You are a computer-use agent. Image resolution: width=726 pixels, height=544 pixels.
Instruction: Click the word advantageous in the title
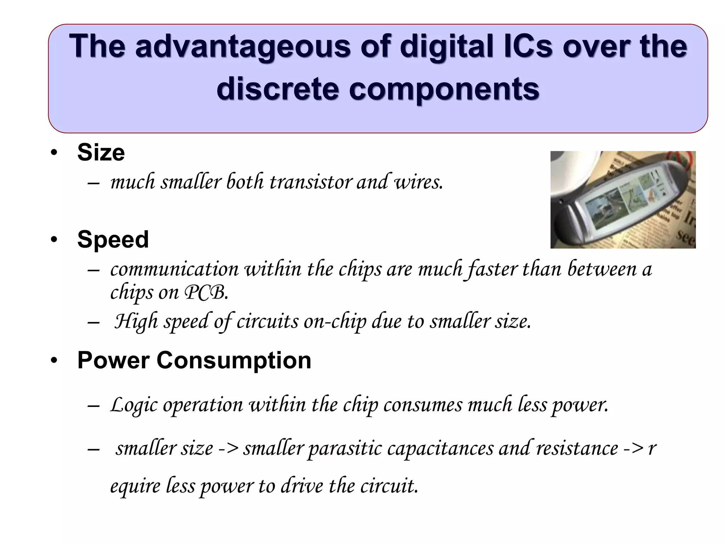coord(243,47)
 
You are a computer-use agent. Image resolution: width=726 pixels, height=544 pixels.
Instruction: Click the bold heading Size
coord(101,153)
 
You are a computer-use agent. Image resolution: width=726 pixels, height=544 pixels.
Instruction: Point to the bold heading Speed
coord(113,239)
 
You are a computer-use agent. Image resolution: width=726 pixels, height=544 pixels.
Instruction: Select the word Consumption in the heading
coord(234,361)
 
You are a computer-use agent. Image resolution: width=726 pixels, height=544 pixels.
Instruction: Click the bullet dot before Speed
coord(54,240)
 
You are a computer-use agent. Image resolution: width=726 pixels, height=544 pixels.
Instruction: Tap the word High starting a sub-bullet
coord(136,321)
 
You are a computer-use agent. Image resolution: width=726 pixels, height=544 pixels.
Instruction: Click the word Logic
coord(133,405)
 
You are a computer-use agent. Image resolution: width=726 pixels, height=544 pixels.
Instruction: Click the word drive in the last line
coord(302,486)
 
